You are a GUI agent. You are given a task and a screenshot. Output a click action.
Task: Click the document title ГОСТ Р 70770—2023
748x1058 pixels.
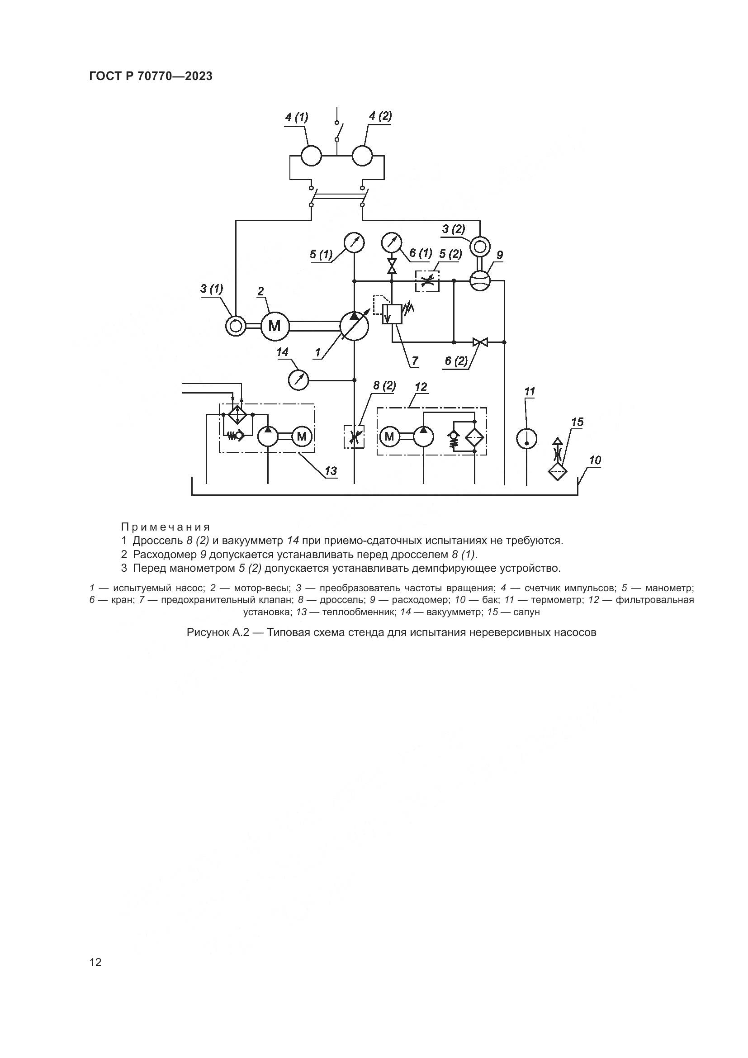pyautogui.click(x=151, y=76)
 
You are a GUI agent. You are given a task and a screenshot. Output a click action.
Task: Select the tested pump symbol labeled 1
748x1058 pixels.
pyautogui.click(x=354, y=326)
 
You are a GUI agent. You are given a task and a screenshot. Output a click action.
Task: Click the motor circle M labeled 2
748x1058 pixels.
pyautogui.click(x=275, y=326)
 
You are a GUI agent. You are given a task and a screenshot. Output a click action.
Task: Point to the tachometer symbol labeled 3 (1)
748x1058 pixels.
pyautogui.click(x=235, y=326)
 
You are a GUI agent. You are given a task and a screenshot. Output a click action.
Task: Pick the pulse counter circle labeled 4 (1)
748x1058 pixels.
pyautogui.click(x=311, y=156)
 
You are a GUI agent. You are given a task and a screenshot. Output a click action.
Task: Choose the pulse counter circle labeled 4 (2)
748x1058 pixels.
pyautogui.click(x=362, y=156)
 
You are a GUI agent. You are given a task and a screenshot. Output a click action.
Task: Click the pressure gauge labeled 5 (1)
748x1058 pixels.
pyautogui.click(x=354, y=243)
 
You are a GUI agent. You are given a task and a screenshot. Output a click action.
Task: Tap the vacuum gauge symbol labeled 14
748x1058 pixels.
pyautogui.click(x=298, y=380)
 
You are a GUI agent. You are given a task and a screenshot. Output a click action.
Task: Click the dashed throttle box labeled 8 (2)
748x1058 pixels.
pyautogui.click(x=354, y=437)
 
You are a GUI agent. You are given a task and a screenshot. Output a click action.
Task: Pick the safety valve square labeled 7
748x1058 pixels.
pyautogui.click(x=392, y=314)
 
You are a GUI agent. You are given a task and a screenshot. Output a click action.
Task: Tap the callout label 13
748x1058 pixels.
pyautogui.click(x=331, y=471)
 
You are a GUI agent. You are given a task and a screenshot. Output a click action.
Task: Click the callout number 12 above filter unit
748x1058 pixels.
pyautogui.click(x=421, y=387)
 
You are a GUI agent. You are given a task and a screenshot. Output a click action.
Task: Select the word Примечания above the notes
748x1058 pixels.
pyautogui.click(x=166, y=527)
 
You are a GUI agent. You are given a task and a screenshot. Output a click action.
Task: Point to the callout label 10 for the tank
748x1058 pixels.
pyautogui.click(x=595, y=460)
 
